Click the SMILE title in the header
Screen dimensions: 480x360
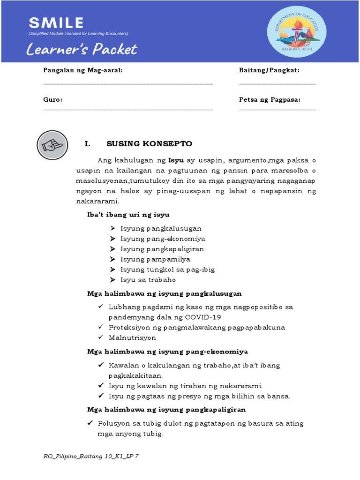click(56, 22)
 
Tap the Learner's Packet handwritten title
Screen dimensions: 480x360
click(82, 49)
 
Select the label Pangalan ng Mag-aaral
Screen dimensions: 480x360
click(83, 70)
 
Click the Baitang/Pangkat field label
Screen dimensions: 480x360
click(269, 70)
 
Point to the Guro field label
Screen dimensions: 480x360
click(53, 100)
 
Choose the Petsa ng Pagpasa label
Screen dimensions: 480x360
click(270, 100)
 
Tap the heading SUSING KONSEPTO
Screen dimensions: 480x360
click(149, 144)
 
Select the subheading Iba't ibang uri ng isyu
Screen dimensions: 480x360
click(128, 214)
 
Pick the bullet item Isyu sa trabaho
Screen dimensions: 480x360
click(148, 280)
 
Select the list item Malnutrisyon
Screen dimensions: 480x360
click(132, 337)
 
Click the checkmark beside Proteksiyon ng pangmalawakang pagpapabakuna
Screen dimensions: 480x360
click(101, 327)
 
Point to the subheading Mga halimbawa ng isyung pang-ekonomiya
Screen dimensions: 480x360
click(167, 352)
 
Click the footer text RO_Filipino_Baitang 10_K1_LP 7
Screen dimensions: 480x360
click(90, 457)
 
